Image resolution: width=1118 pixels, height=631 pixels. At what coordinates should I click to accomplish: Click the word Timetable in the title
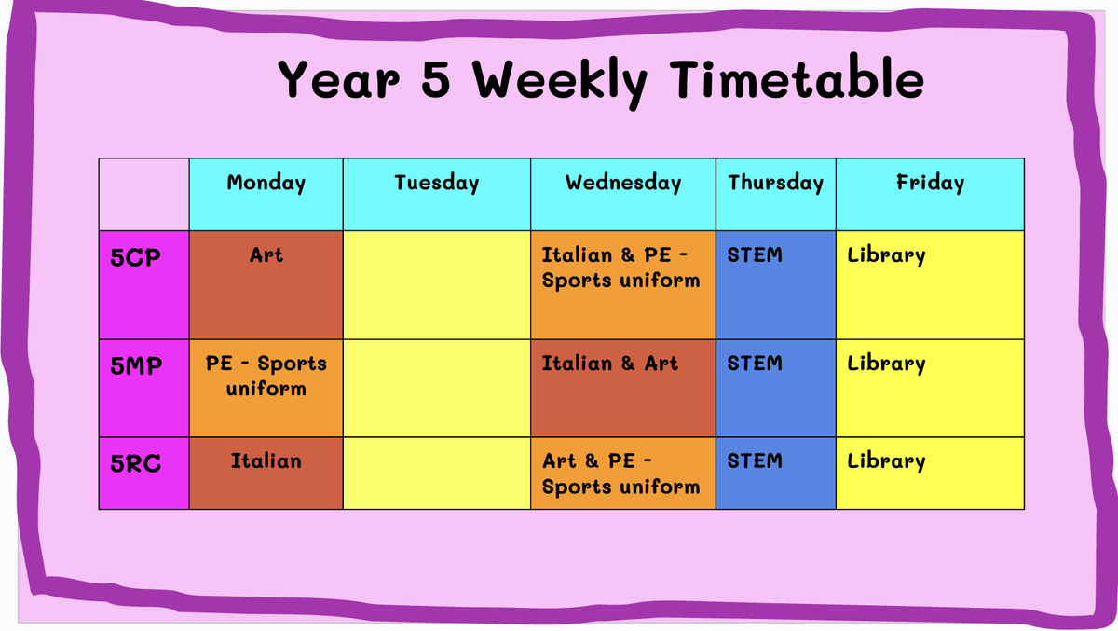(798, 78)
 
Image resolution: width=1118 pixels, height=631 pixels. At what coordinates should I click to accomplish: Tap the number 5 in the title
(436, 78)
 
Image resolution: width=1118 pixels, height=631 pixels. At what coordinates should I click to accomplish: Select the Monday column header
(266, 194)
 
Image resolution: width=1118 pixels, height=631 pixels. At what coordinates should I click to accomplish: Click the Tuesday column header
(437, 194)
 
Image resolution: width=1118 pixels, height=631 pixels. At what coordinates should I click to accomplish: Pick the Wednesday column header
(623, 194)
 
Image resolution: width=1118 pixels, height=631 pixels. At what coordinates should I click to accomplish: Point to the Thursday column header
(776, 194)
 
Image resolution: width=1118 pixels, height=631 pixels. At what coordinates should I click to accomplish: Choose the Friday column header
(931, 194)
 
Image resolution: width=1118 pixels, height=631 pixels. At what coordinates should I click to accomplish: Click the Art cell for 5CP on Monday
(266, 285)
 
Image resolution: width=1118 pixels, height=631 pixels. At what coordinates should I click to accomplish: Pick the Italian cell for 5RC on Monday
(266, 473)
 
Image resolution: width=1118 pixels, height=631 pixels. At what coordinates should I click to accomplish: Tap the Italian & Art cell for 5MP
(623, 389)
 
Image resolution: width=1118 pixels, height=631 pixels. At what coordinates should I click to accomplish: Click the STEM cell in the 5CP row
(776, 285)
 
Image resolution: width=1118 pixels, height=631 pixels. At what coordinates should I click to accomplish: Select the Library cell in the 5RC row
(931, 473)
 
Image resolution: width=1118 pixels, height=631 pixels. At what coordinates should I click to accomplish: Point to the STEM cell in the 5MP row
(776, 389)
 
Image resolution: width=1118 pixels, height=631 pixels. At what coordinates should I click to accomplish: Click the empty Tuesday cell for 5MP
(437, 389)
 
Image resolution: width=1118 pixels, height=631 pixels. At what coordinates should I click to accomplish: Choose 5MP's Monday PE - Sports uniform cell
(266, 389)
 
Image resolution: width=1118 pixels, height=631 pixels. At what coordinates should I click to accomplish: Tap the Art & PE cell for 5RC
(623, 473)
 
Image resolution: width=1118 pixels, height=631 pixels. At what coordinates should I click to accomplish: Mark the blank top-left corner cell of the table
(144, 194)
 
